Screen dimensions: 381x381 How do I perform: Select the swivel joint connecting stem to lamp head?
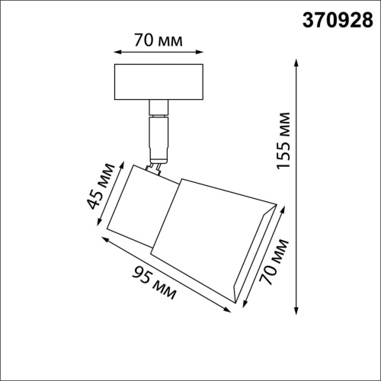tap(156, 166)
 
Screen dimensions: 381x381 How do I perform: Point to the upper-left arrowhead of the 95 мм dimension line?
tap(104, 238)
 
